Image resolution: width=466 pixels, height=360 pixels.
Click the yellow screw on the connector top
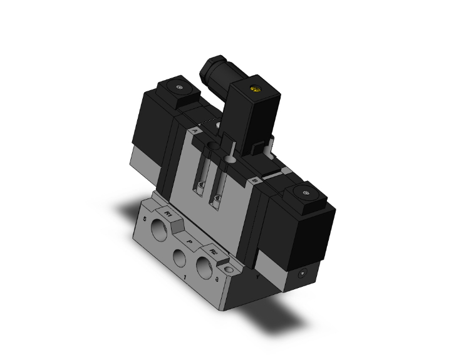click(x=254, y=90)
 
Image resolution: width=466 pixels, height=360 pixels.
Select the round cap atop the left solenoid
click(x=180, y=86)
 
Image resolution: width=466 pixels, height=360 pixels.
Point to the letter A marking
click(x=195, y=131)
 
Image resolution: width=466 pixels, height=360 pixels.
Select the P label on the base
click(x=190, y=239)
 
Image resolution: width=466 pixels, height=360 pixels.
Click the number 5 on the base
click(x=145, y=220)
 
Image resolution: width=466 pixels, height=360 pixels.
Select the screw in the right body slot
click(x=217, y=200)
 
